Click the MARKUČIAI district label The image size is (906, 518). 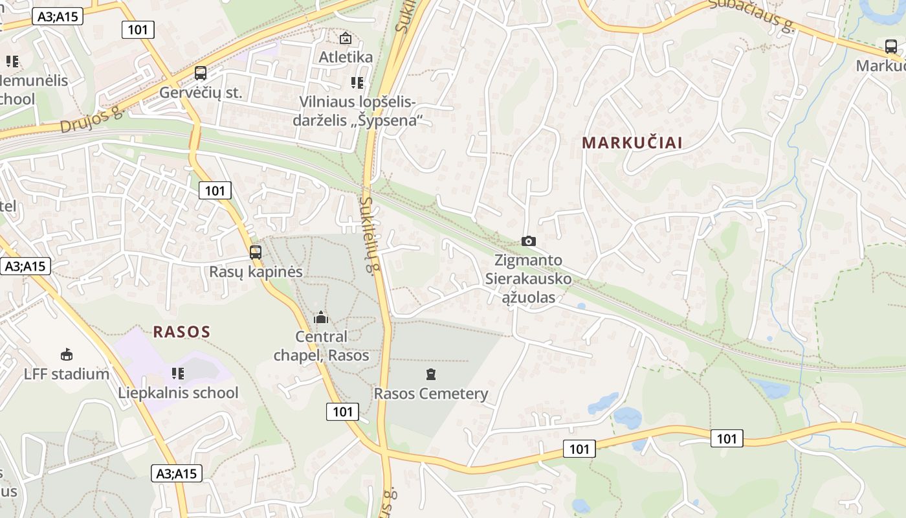(x=632, y=142)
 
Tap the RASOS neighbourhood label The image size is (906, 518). (x=182, y=332)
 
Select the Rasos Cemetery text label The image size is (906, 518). (x=431, y=394)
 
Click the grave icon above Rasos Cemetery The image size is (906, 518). (x=431, y=374)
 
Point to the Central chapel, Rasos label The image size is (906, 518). (x=322, y=346)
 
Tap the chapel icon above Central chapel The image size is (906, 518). (x=320, y=318)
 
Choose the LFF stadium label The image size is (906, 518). (x=67, y=374)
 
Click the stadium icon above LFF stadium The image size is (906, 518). (x=67, y=354)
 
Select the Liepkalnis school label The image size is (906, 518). (x=178, y=393)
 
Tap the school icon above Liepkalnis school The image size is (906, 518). (x=178, y=373)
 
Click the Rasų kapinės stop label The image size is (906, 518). (x=256, y=272)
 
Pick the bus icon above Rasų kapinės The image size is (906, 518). (x=256, y=253)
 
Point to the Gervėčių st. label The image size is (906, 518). (x=201, y=93)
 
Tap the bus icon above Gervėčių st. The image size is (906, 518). (x=201, y=73)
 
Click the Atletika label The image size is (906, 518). (x=346, y=57)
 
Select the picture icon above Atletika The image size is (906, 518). (x=346, y=38)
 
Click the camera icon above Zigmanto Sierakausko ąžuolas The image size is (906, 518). (x=529, y=241)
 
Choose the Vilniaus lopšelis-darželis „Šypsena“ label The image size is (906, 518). (x=357, y=111)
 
